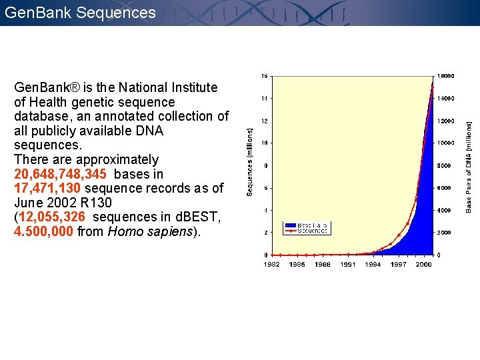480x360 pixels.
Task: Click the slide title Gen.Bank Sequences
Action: [79, 12]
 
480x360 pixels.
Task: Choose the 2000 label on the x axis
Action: [423, 265]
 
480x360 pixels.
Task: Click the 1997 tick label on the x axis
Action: [398, 265]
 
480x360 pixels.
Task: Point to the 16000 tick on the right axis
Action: [446, 76]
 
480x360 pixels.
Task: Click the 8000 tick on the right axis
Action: [444, 165]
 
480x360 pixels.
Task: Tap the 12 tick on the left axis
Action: [265, 121]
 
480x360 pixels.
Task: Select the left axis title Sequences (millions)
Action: [250, 162]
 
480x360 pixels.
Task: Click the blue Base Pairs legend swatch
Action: [291, 225]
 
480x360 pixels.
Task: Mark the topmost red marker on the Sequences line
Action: [432, 85]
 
